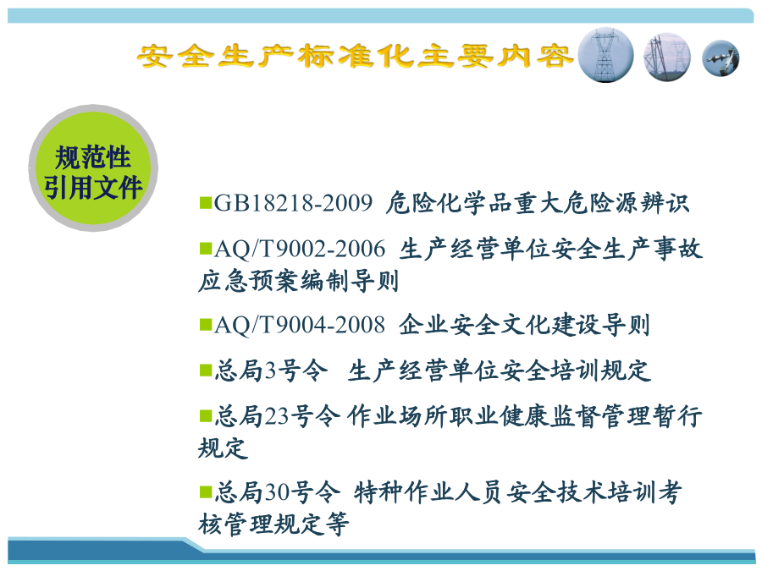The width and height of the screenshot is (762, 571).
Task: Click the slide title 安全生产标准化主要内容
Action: pyautogui.click(x=354, y=57)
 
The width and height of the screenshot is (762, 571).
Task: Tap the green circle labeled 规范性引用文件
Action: pyautogui.click(x=93, y=168)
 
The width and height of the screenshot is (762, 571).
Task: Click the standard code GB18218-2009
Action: pyautogui.click(x=293, y=203)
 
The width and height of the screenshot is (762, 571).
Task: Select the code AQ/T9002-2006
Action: pyautogui.click(x=300, y=249)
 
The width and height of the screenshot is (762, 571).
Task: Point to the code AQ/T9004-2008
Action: pyautogui.click(x=300, y=325)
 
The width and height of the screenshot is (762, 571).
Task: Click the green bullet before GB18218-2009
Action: pyautogui.click(x=206, y=202)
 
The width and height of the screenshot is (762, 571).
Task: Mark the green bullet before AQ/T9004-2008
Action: pyautogui.click(x=206, y=324)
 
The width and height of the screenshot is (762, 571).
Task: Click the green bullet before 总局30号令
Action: pyautogui.click(x=206, y=491)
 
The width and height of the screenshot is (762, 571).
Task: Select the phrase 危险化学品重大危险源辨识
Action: pyautogui.click(x=538, y=203)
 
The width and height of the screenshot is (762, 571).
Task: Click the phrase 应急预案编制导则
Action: pyautogui.click(x=298, y=281)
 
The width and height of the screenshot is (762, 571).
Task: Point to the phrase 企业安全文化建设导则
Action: pyautogui.click(x=524, y=325)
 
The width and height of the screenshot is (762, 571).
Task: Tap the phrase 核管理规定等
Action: pyautogui.click(x=273, y=524)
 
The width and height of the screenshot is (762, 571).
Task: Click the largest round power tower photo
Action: pyautogui.click(x=605, y=55)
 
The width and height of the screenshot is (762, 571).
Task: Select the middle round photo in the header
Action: pyautogui.click(x=667, y=57)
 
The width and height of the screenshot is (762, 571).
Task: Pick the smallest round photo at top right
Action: pyautogui.click(x=721, y=58)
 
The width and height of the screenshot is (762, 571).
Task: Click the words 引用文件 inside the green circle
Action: pyautogui.click(x=93, y=187)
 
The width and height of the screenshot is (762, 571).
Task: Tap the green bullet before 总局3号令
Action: pyautogui.click(x=206, y=371)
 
